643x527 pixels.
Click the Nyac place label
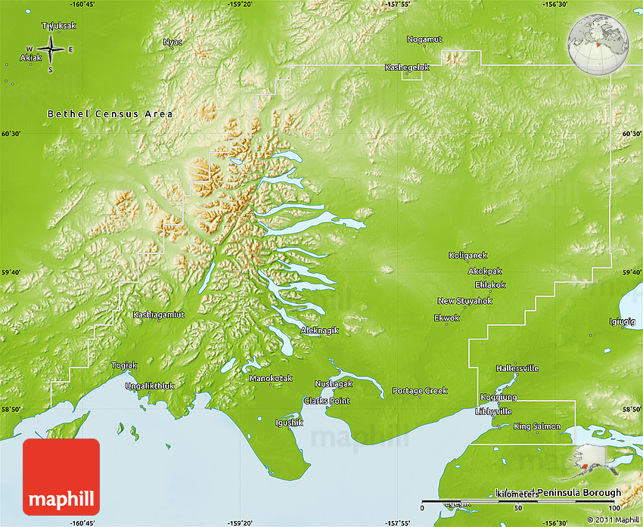(172, 42)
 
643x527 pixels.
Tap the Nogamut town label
(424, 39)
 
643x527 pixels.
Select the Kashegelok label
(407, 67)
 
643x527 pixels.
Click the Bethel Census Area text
(110, 114)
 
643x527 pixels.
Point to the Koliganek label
(468, 256)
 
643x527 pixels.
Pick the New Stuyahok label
(464, 301)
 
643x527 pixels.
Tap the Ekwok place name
(446, 318)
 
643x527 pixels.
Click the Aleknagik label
(319, 330)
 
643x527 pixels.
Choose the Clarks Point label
(326, 401)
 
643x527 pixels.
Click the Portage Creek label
(420, 391)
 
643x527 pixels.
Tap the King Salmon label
(537, 426)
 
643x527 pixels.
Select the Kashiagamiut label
(158, 315)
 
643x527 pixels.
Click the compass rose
(51, 49)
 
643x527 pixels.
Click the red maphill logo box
(61, 477)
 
